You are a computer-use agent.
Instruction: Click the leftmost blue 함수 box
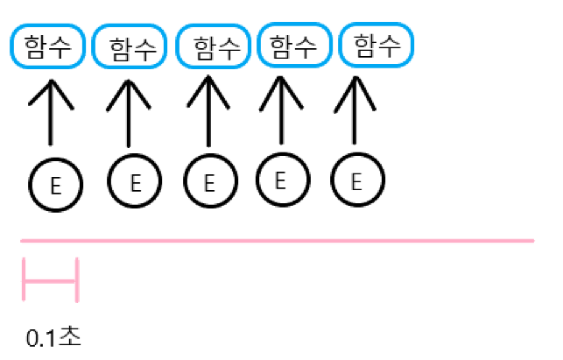tap(47, 46)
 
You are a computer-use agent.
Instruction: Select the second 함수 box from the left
tap(129, 47)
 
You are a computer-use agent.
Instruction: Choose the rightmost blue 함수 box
tap(375, 45)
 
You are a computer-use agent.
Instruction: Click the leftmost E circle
tap(56, 186)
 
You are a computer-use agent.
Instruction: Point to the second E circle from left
tap(134, 182)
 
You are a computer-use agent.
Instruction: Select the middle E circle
tap(210, 183)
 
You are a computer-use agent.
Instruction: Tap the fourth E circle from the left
tap(281, 180)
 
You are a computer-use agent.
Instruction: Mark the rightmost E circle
tap(357, 181)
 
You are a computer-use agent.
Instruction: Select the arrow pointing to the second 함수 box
tap(129, 114)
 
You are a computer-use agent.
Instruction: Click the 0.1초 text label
tap(53, 337)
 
